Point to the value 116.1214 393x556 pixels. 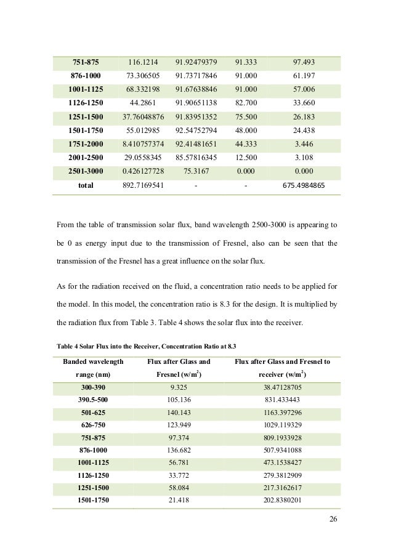[143, 62]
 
